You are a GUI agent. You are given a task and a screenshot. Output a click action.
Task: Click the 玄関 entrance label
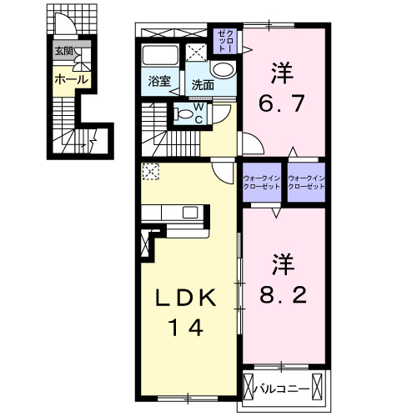coord(63,50)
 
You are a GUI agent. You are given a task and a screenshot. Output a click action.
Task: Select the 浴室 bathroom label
coord(159,82)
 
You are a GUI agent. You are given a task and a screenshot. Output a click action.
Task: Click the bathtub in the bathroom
coord(161,57)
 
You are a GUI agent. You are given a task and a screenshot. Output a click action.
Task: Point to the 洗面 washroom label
coord(203,84)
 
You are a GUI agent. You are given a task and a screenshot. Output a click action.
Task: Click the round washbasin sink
coord(224,70)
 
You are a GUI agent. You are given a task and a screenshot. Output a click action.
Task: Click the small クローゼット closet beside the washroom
coord(224,38)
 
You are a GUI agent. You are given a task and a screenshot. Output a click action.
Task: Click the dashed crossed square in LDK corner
coord(150,171)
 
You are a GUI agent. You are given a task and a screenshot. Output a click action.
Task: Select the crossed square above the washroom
coord(196,50)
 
